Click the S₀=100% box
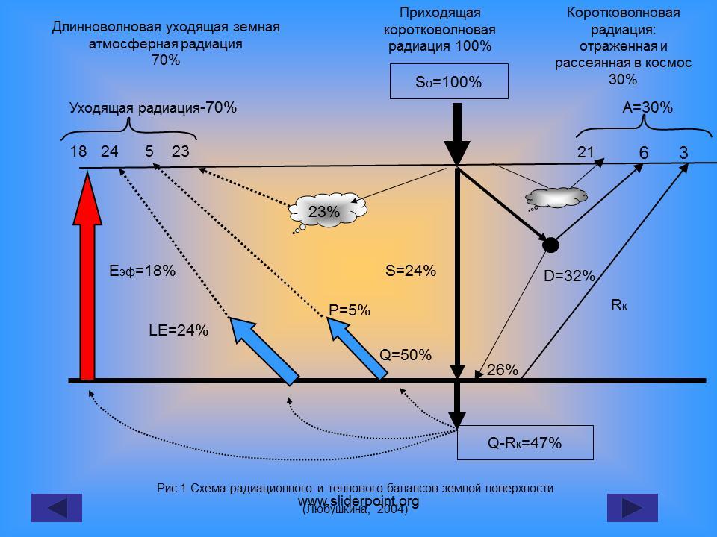(x=449, y=82)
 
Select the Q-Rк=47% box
(x=524, y=443)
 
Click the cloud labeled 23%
(x=324, y=212)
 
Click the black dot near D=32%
(x=550, y=244)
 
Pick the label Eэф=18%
(x=142, y=271)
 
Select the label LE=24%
(x=179, y=330)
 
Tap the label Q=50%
(x=406, y=356)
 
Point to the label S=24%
(x=410, y=271)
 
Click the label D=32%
(x=569, y=277)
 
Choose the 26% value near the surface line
(x=503, y=369)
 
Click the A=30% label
(x=648, y=107)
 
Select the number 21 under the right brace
(x=586, y=152)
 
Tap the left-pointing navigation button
(x=56, y=508)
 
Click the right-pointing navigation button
(x=632, y=508)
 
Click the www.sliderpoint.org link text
(x=358, y=501)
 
